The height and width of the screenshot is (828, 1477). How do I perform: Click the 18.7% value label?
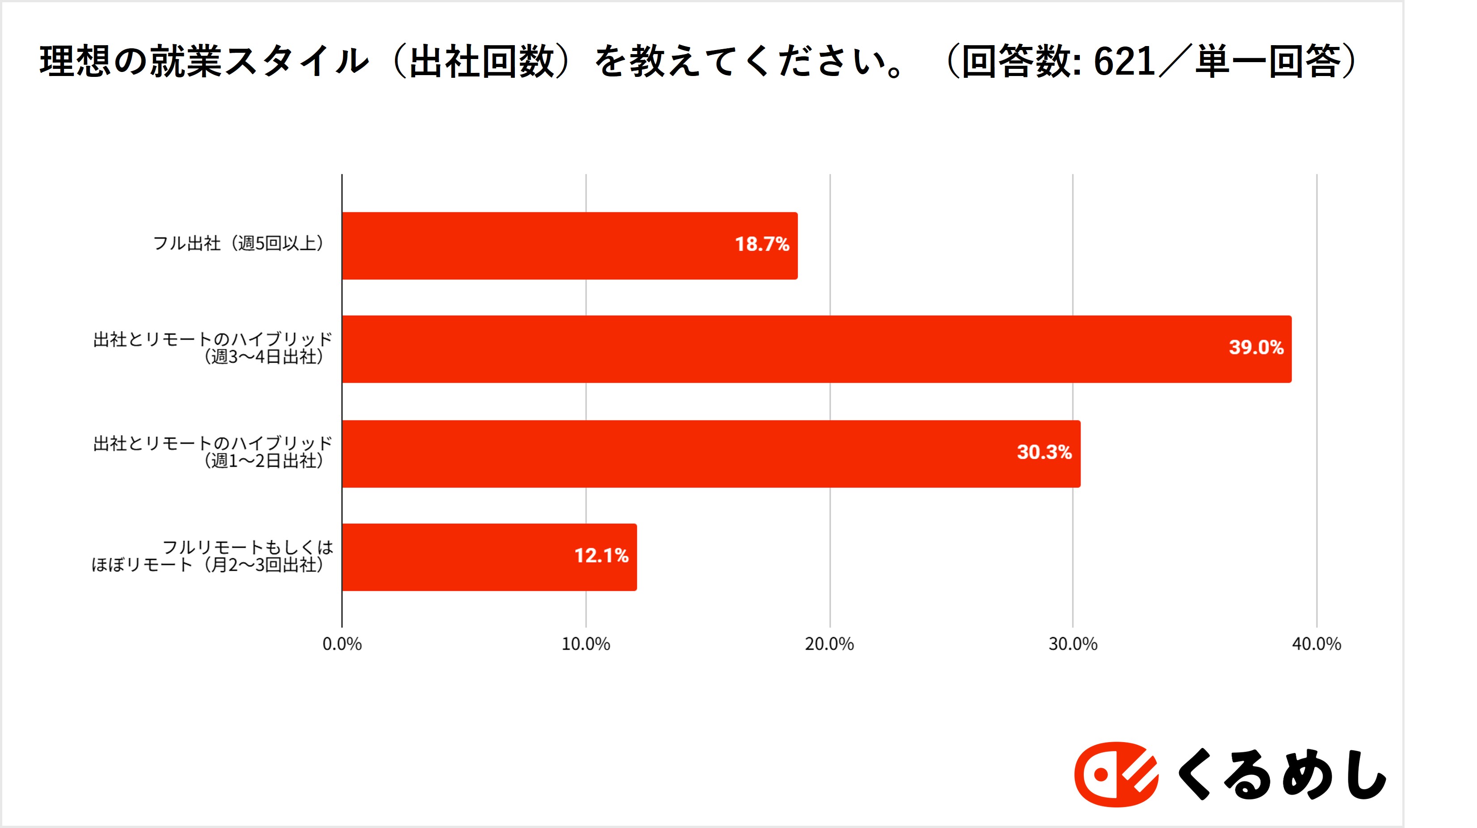coord(762,244)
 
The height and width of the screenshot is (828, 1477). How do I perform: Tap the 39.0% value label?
coord(1256,347)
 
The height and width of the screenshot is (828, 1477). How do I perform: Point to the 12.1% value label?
coord(602,555)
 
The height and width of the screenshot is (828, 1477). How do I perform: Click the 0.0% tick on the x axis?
coord(342,644)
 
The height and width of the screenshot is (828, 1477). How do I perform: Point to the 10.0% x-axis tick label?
coord(586,644)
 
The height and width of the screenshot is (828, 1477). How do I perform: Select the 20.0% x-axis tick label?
coord(830,644)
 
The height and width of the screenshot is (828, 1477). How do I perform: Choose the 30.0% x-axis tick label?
coord(1073,644)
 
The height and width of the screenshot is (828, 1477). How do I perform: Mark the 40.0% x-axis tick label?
coord(1316,644)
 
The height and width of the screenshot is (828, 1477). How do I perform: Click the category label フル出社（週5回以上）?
coord(240,244)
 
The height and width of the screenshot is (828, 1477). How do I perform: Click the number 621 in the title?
coord(1125,62)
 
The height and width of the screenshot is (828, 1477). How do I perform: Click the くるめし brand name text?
coord(1282,776)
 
